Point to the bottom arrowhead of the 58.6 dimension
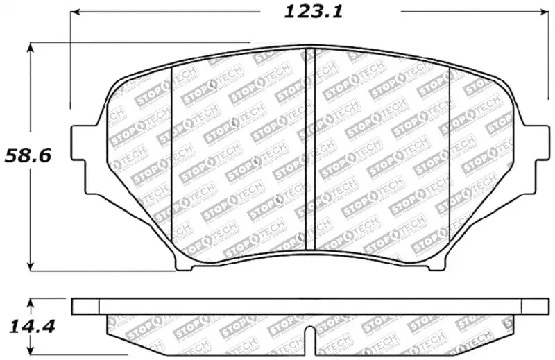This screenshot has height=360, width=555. point(31,267)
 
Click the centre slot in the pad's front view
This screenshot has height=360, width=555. point(311,149)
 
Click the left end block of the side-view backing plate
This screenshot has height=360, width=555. point(86,307)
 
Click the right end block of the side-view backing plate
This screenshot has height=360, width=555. point(534,307)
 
